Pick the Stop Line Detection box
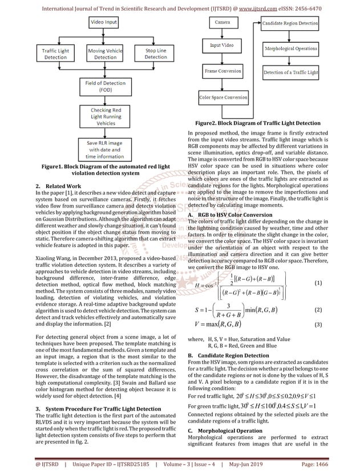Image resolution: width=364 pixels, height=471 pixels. (x=155, y=54)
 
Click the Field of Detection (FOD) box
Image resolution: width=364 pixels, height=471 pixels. (x=106, y=87)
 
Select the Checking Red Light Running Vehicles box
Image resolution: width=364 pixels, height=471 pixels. (x=106, y=116)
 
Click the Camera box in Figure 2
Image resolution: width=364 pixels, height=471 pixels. (x=223, y=22)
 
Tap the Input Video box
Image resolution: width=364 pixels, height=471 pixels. (x=223, y=45)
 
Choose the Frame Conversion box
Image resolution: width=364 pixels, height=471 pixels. (x=223, y=71)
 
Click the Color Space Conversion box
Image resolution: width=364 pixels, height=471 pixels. (x=223, y=98)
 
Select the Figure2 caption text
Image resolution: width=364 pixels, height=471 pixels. (x=257, y=123)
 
